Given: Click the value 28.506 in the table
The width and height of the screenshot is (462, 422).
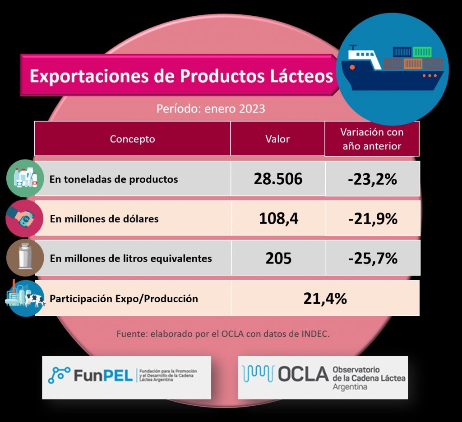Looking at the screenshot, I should (x=277, y=179).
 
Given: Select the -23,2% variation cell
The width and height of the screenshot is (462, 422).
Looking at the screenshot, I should (x=372, y=179).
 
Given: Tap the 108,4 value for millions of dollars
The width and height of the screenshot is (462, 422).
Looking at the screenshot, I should (x=278, y=219).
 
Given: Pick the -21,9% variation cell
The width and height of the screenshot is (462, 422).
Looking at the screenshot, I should (x=372, y=219).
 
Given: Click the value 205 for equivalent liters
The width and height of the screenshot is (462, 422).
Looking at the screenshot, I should (x=278, y=259).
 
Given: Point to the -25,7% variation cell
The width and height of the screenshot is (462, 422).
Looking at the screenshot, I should (x=372, y=259).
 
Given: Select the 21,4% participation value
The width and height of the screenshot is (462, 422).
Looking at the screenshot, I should (x=325, y=298).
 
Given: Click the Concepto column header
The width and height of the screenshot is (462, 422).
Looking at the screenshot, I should (x=132, y=139).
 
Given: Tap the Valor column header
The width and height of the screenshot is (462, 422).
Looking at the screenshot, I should (x=277, y=139).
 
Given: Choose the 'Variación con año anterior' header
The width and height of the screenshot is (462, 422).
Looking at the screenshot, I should (x=372, y=139).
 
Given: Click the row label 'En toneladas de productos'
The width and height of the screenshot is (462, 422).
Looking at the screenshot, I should (x=114, y=179).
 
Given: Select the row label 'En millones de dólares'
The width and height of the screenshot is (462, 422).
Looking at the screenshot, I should (x=104, y=219).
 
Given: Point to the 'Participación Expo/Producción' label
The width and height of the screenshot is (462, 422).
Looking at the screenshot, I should (x=124, y=298).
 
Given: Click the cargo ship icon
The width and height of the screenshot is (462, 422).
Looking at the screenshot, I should (x=392, y=68).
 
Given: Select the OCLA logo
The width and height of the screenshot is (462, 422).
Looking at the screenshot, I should (x=323, y=377).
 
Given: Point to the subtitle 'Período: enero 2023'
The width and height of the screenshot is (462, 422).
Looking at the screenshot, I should (x=210, y=109).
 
